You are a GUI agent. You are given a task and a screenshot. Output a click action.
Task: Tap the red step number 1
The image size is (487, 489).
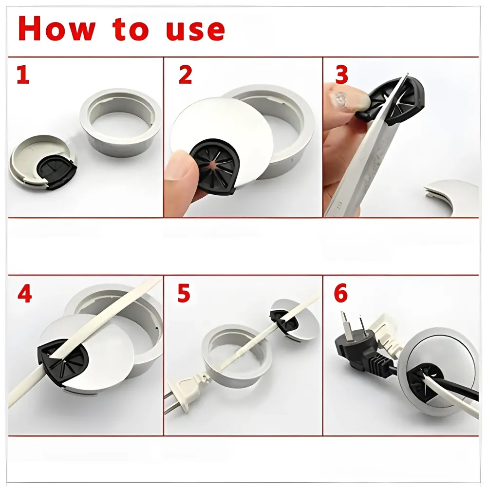coord(23,75)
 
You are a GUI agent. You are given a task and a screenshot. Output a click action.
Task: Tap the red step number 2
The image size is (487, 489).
coord(185,75)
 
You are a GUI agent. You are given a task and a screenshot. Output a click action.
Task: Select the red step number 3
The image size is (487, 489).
coord(342,75)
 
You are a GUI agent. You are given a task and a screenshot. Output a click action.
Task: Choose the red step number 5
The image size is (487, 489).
coord(184,293)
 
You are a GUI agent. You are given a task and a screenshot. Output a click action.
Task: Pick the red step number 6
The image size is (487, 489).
coord(341,293)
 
